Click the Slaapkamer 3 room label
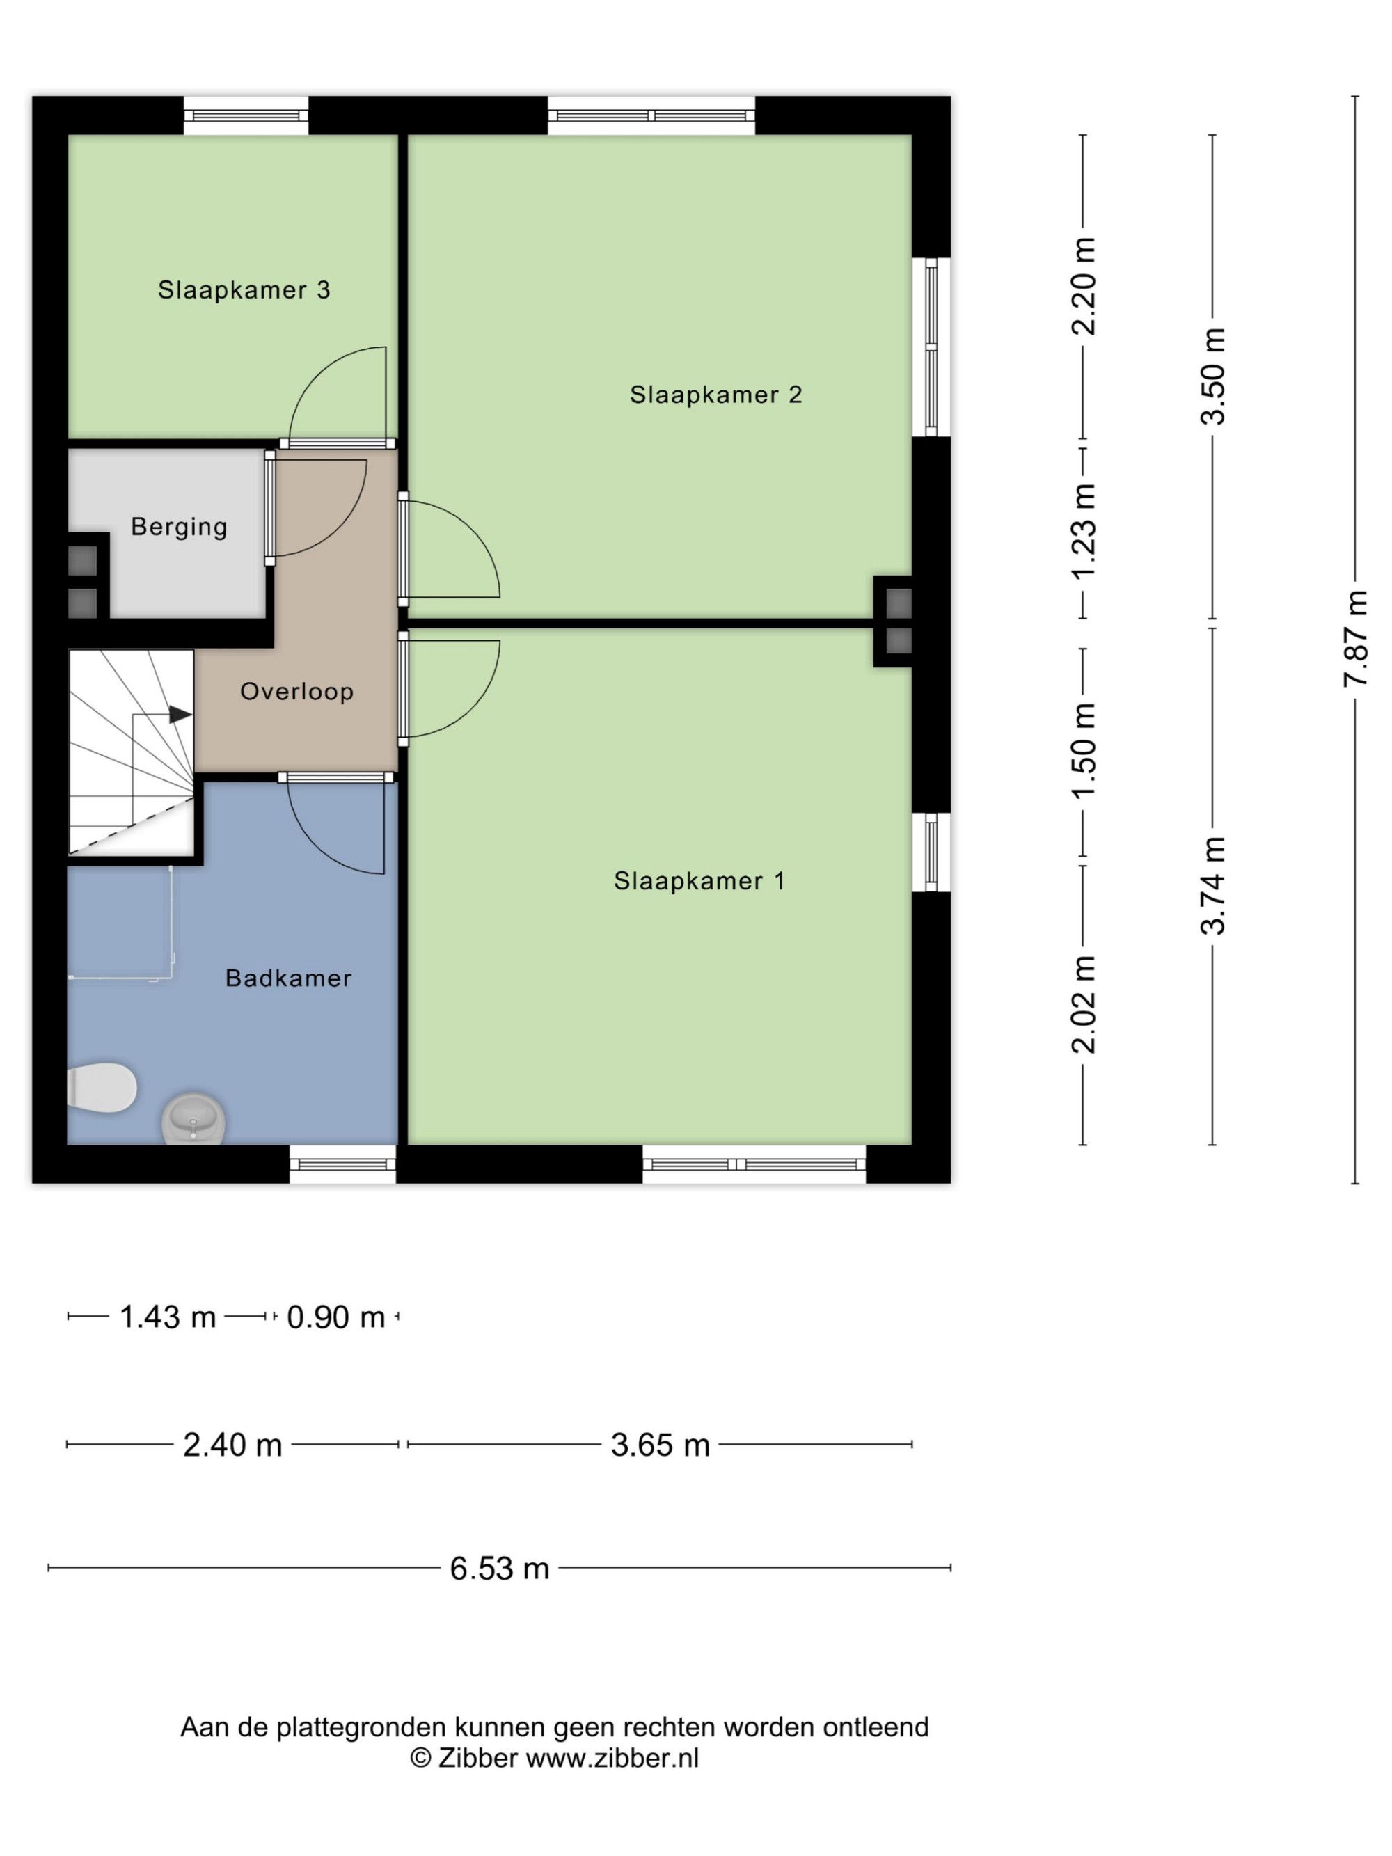tap(244, 290)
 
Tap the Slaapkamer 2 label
tap(715, 395)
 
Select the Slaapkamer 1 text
tap(699, 881)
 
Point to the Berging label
tap(179, 527)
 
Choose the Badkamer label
tap(289, 978)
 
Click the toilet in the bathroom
tap(102, 1088)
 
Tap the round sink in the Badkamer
tap(193, 1118)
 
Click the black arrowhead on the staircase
tap(180, 715)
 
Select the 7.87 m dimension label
tap(1355, 640)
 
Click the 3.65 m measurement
tap(661, 1445)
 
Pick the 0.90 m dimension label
tap(335, 1317)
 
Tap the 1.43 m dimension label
tap(168, 1317)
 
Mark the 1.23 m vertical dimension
tap(1083, 531)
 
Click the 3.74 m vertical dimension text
tap(1213, 886)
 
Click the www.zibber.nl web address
tap(612, 1758)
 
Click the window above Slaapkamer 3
tap(246, 116)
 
